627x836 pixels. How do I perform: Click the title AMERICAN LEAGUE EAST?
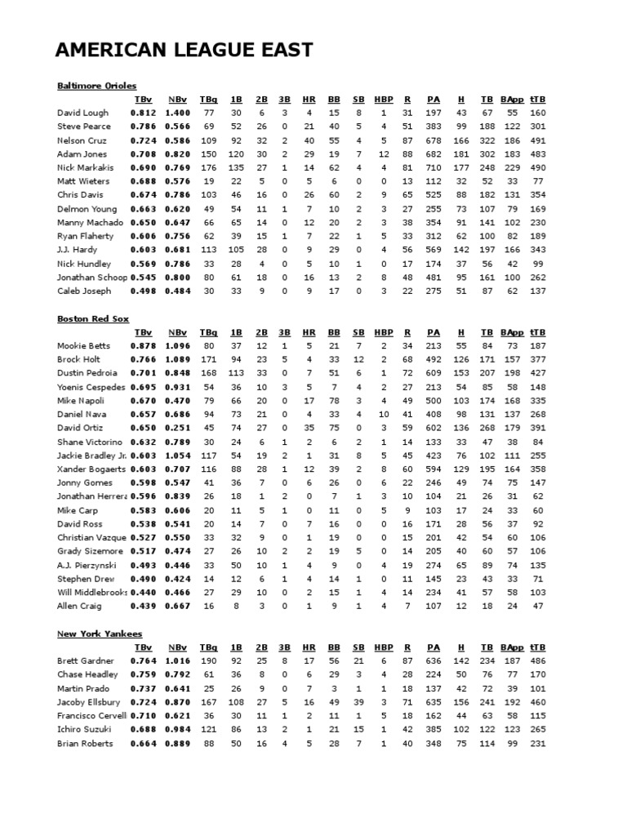184,50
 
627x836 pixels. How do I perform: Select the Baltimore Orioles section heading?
96,85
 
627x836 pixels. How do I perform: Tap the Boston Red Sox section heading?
93,318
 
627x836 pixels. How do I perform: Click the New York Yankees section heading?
100,634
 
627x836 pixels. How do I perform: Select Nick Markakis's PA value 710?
434,167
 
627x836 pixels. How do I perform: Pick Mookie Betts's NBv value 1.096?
177,346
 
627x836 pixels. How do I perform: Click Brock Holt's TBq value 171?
209,360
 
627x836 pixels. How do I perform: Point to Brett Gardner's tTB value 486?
537,661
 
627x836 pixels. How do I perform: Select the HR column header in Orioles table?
309,100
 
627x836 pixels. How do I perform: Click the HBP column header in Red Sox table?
383,333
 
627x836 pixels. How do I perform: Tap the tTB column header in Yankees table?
537,647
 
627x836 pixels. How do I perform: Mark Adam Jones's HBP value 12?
383,153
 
